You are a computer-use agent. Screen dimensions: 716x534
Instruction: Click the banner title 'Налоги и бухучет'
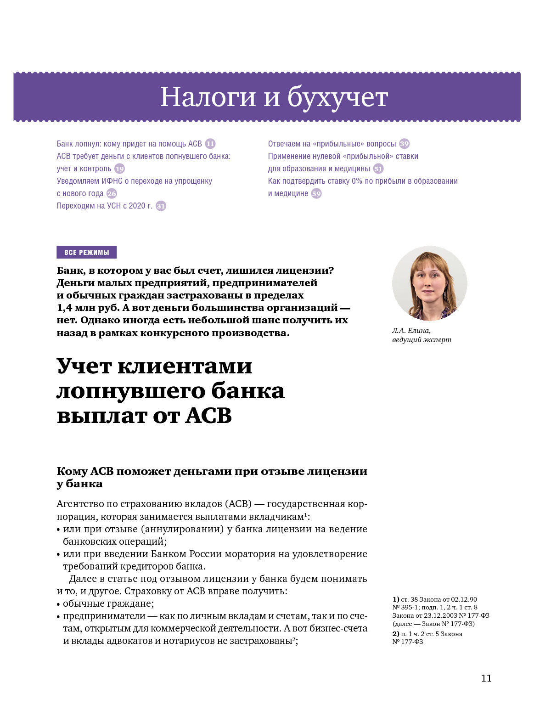(274, 97)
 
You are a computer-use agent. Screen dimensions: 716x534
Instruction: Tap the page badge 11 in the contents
(210, 144)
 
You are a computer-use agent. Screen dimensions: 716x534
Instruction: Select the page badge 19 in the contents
(119, 169)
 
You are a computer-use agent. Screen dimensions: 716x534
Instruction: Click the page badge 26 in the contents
(112, 193)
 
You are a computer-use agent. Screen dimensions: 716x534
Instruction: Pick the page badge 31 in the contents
(161, 206)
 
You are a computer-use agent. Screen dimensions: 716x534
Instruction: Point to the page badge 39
(404, 144)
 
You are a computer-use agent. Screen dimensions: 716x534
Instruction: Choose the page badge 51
(378, 169)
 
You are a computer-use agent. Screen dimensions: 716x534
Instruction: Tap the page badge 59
(316, 193)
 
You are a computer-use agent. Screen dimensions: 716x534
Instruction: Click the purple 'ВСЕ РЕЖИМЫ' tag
(86, 252)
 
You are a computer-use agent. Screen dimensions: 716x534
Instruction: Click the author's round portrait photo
(429, 283)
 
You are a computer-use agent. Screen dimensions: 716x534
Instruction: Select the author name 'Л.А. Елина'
(411, 330)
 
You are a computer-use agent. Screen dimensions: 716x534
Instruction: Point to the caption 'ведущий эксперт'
(422, 340)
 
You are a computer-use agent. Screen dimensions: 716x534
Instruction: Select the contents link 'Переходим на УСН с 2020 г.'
(104, 206)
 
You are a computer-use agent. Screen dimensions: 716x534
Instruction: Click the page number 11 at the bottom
(486, 678)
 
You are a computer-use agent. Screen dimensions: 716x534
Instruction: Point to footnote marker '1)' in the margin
(395, 599)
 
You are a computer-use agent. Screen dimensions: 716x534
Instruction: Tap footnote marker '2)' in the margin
(395, 634)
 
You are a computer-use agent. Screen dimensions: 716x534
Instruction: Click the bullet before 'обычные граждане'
(58, 604)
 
